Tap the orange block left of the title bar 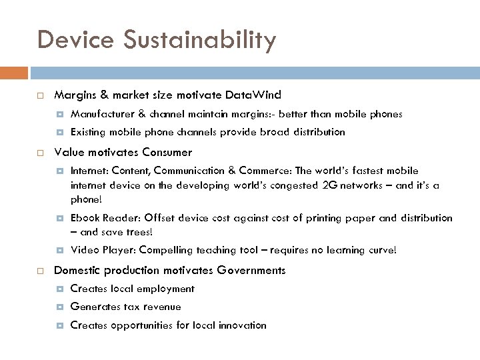point(14,71)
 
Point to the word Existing point(89,132)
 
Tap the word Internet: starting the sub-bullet point(90,171)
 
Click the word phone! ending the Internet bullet point(87,199)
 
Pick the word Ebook point(85,218)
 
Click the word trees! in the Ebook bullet point(137,232)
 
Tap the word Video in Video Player point(84,250)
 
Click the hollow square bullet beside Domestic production point(41,271)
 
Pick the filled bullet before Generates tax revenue point(60,307)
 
